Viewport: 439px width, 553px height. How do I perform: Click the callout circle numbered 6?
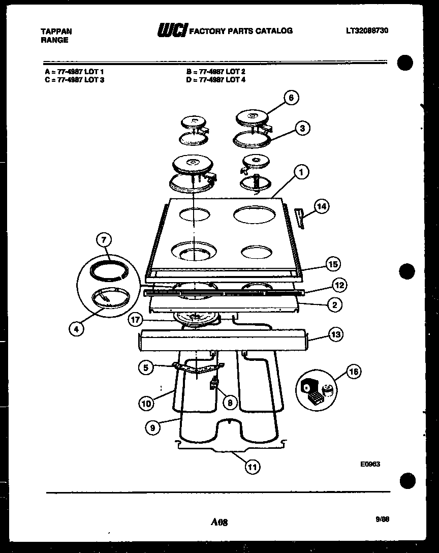tap(291, 98)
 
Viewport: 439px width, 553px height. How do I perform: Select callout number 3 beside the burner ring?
tap(302, 128)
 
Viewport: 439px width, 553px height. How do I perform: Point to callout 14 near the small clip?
tap(321, 206)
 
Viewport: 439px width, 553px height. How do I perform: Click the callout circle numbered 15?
tap(333, 264)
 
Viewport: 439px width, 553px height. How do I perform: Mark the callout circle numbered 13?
tap(336, 334)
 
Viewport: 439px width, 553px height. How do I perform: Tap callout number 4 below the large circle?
tap(76, 329)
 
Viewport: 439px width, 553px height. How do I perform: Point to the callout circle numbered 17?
tap(135, 320)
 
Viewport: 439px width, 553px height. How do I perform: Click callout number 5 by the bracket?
tap(146, 367)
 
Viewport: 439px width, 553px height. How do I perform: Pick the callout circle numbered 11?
tap(252, 467)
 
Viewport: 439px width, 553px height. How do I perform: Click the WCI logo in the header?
tap(172, 31)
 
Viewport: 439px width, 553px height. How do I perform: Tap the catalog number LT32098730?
tap(367, 30)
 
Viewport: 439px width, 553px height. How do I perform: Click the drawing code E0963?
tap(371, 464)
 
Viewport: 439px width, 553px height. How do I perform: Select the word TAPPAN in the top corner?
tap(56, 31)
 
